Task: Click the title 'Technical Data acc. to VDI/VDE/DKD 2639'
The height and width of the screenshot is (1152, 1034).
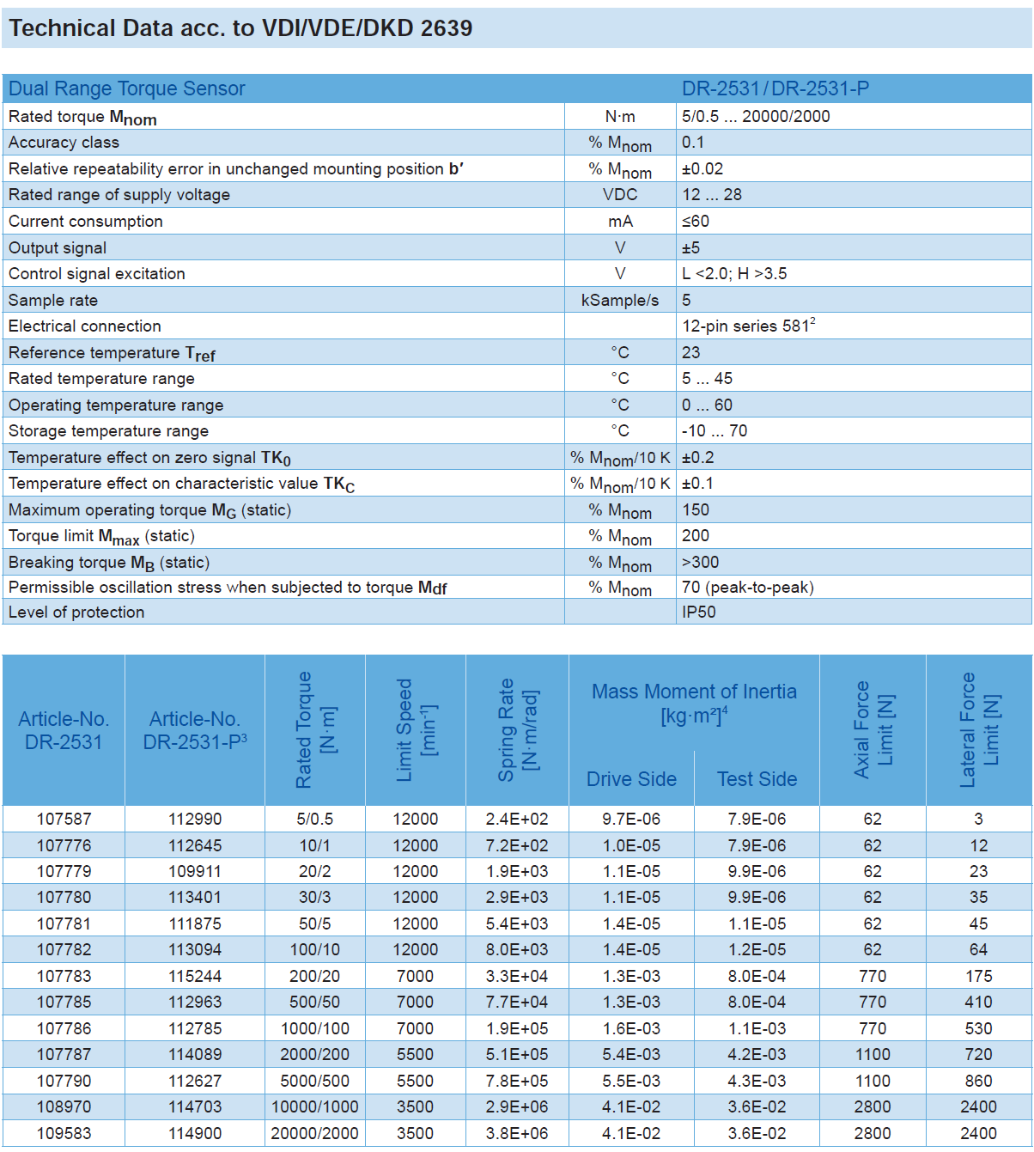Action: tap(240, 28)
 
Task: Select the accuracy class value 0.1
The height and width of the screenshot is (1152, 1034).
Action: tap(693, 143)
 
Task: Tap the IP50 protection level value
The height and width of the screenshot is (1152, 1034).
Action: tap(698, 612)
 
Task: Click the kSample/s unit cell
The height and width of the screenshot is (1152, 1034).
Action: tap(620, 300)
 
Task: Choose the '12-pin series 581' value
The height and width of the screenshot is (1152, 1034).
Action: tap(748, 326)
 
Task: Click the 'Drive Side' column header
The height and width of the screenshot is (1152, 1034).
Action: tap(631, 779)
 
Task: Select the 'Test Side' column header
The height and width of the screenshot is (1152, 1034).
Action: tap(757, 779)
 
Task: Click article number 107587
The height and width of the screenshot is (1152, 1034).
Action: tap(64, 819)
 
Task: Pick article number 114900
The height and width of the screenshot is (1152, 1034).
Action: tap(195, 1133)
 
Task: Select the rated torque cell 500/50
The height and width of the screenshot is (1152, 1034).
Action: tap(314, 1002)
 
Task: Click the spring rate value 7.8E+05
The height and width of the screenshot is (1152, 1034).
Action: tap(516, 1081)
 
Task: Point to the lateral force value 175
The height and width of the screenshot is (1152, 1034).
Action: tap(978, 976)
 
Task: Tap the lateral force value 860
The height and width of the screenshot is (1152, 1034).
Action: tap(978, 1081)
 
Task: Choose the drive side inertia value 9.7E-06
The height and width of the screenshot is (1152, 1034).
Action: tap(631, 819)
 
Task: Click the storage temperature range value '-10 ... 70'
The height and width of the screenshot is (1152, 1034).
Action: tap(715, 430)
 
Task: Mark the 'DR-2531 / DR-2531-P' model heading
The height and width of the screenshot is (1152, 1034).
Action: tap(775, 88)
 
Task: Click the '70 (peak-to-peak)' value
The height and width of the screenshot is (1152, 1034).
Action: tap(747, 588)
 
